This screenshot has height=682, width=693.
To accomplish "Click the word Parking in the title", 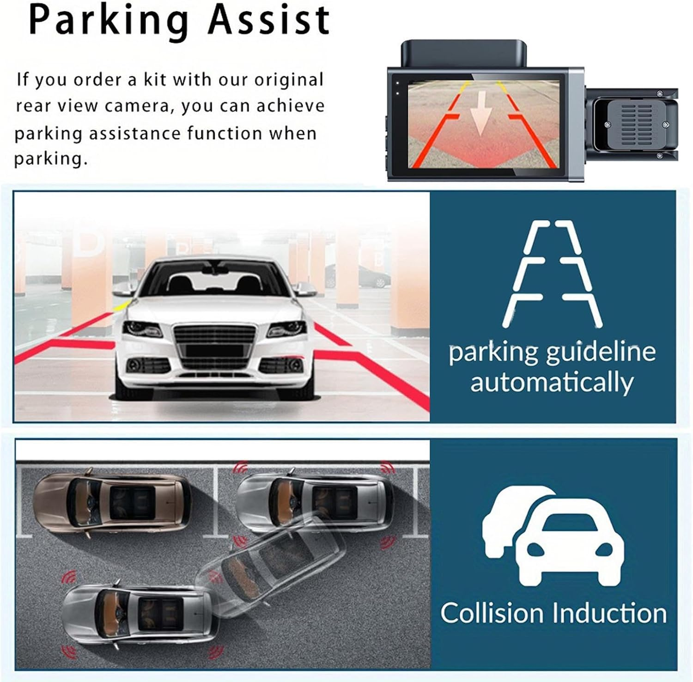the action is point(109,21).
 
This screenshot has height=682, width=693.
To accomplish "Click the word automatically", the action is point(552,383).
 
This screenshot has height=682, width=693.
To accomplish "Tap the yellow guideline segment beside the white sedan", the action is point(123,305).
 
